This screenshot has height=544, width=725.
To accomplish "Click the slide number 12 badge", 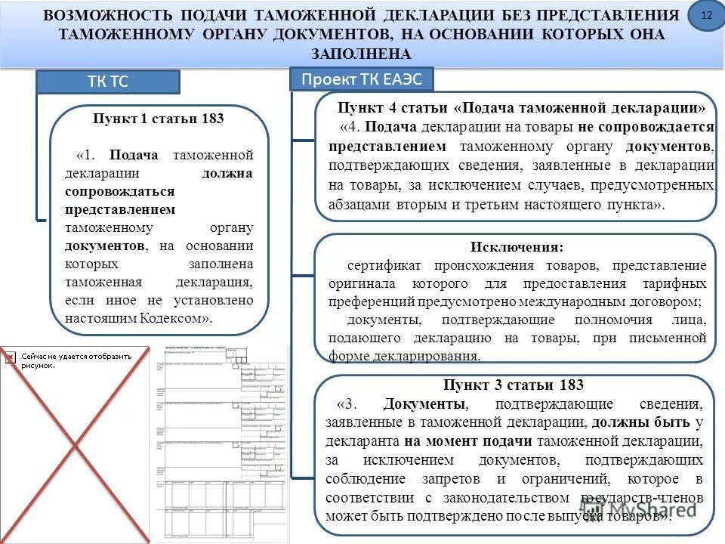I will tap(707, 16).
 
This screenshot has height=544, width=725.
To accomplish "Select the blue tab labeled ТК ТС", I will tap(109, 82).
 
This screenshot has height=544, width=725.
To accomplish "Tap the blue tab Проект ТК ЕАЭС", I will tap(362, 79).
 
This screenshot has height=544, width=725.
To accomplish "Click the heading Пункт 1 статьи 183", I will tap(159, 119).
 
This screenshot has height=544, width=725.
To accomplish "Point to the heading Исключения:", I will tap(517, 247).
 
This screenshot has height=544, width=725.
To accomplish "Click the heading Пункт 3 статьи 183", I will tap(514, 385).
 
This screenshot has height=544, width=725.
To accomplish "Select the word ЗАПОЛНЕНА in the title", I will tap(362, 54).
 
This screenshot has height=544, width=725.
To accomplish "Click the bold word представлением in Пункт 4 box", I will tap(388, 146).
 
